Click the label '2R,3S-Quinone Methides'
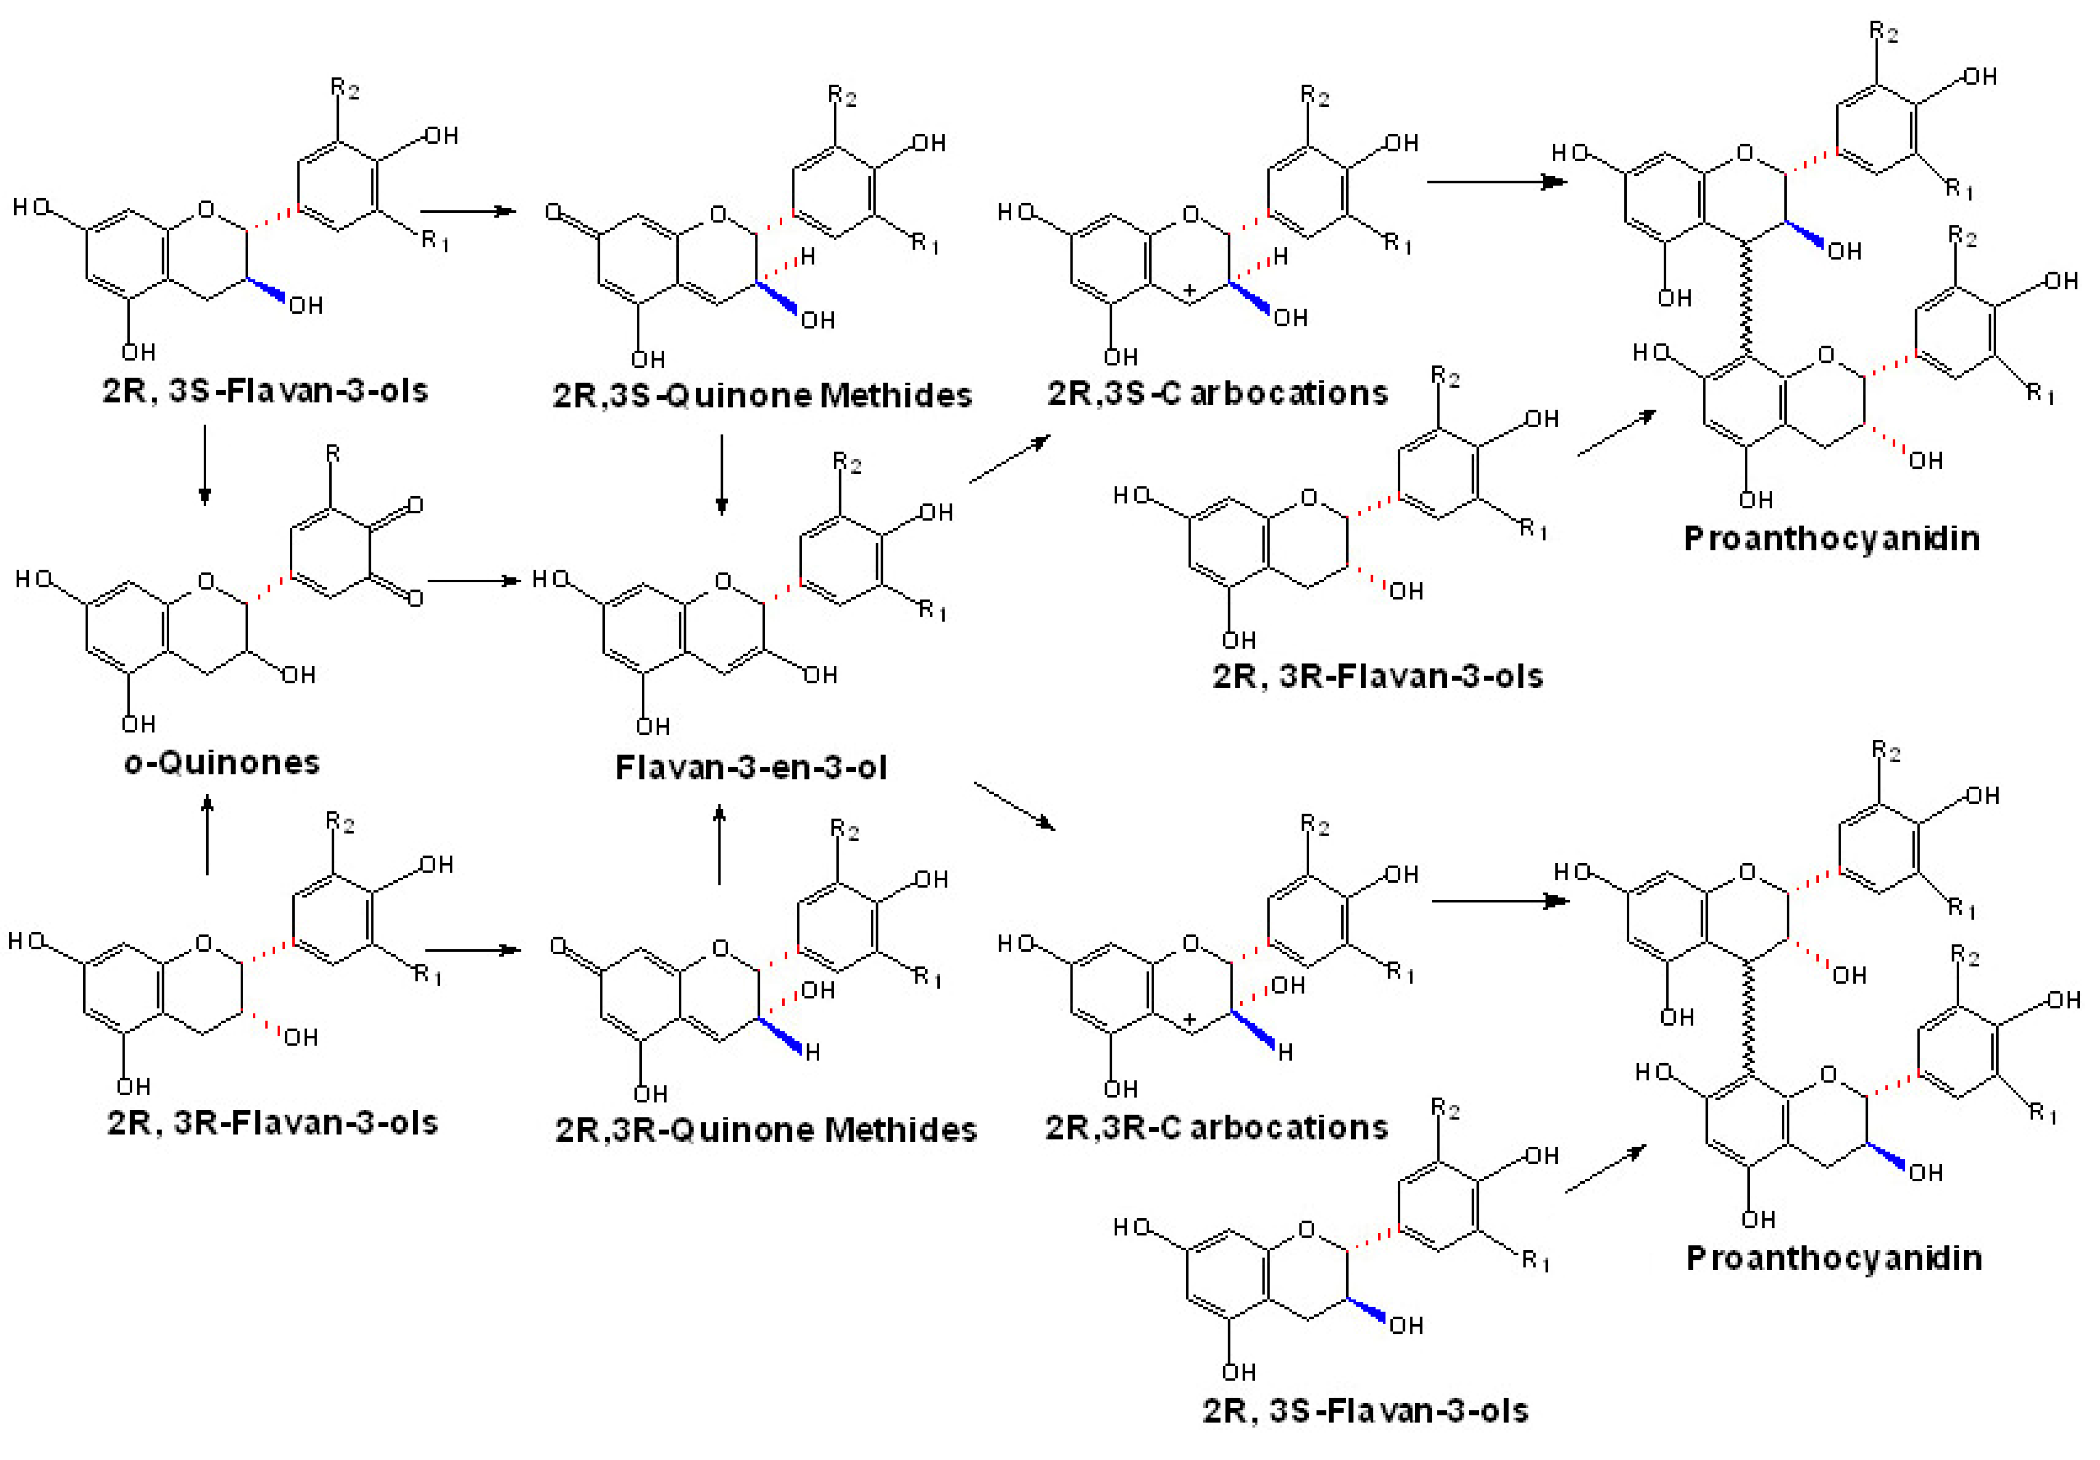coord(762,395)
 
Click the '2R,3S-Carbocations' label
coord(1217,393)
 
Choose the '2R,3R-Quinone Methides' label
coord(766,1130)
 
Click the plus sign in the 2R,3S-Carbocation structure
coord(1189,290)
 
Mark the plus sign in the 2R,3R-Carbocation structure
coord(1189,1019)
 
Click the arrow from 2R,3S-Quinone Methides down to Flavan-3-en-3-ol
coord(721,474)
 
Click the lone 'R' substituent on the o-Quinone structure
coord(333,454)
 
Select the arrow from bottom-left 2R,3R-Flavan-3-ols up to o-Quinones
coord(208,834)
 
